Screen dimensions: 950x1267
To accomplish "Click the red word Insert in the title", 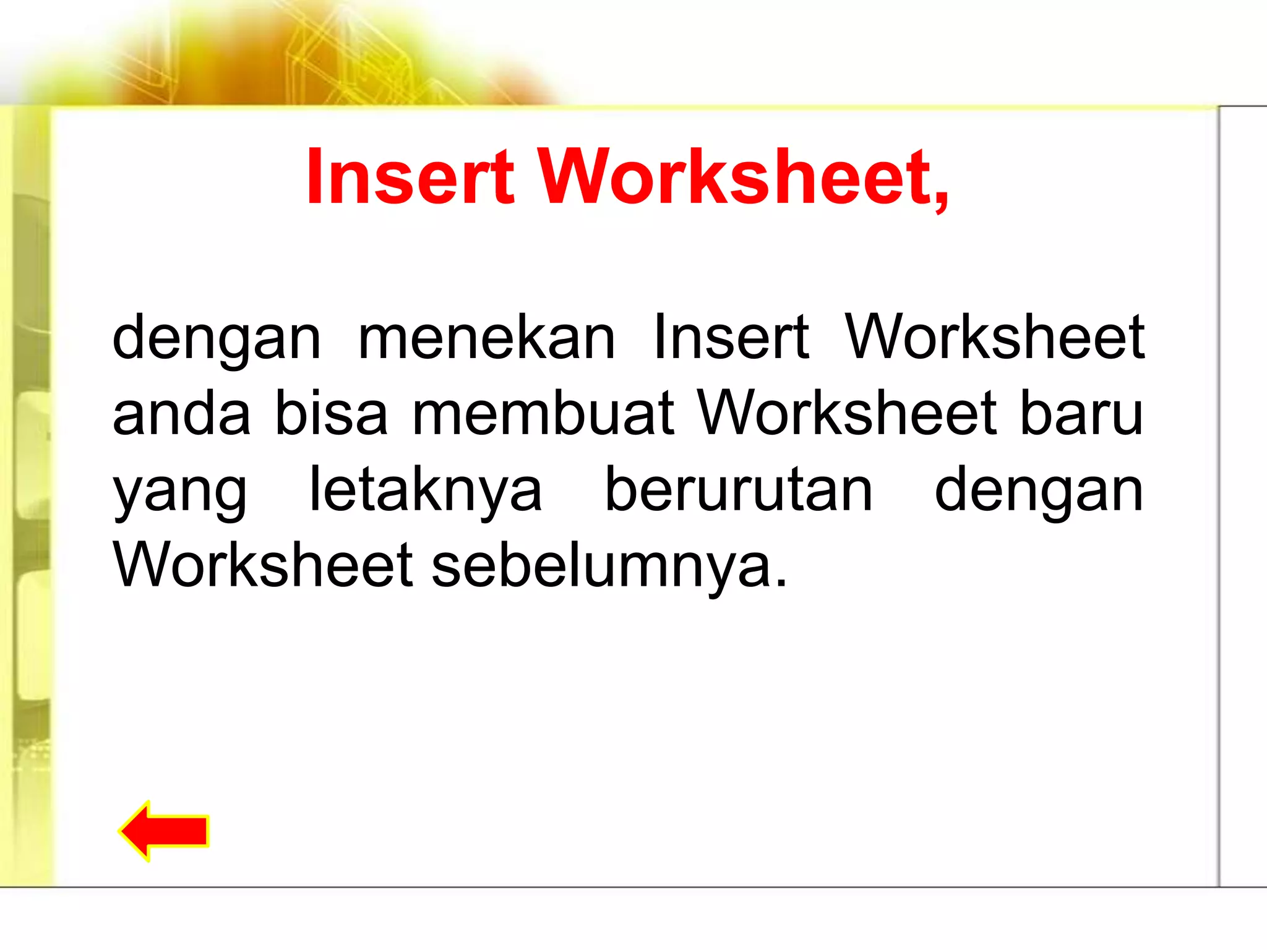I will pyautogui.click(x=410, y=177).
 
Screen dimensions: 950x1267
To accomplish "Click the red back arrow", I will pyautogui.click(x=165, y=831).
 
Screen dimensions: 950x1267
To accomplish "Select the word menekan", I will pyautogui.click(x=486, y=338).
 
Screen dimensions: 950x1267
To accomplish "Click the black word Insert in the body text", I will pyautogui.click(x=731, y=338).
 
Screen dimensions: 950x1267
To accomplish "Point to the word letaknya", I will pyautogui.click(x=426, y=490).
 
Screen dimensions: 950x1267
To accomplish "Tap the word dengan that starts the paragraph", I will pyautogui.click(x=217, y=339).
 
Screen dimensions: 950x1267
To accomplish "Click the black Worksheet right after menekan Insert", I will pyautogui.click(x=995, y=338).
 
